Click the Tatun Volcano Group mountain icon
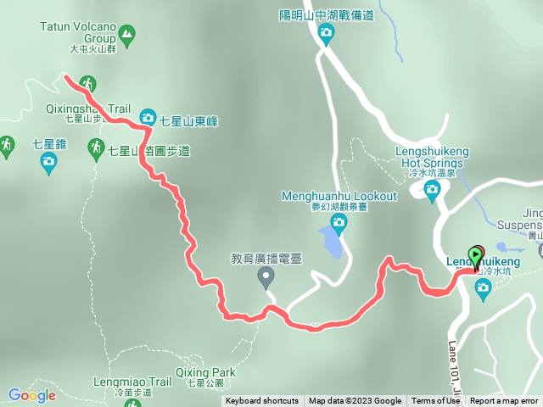point(127,35)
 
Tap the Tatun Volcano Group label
point(77,32)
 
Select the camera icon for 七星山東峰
point(147,116)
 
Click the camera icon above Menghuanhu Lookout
point(339,224)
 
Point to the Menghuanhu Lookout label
point(339,196)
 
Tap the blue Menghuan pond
point(333,242)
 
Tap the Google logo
point(31,395)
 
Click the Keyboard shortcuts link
point(262,401)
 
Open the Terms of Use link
point(435,401)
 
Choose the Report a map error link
point(504,401)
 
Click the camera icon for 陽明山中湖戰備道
point(326,34)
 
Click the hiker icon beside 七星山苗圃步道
point(97,148)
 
